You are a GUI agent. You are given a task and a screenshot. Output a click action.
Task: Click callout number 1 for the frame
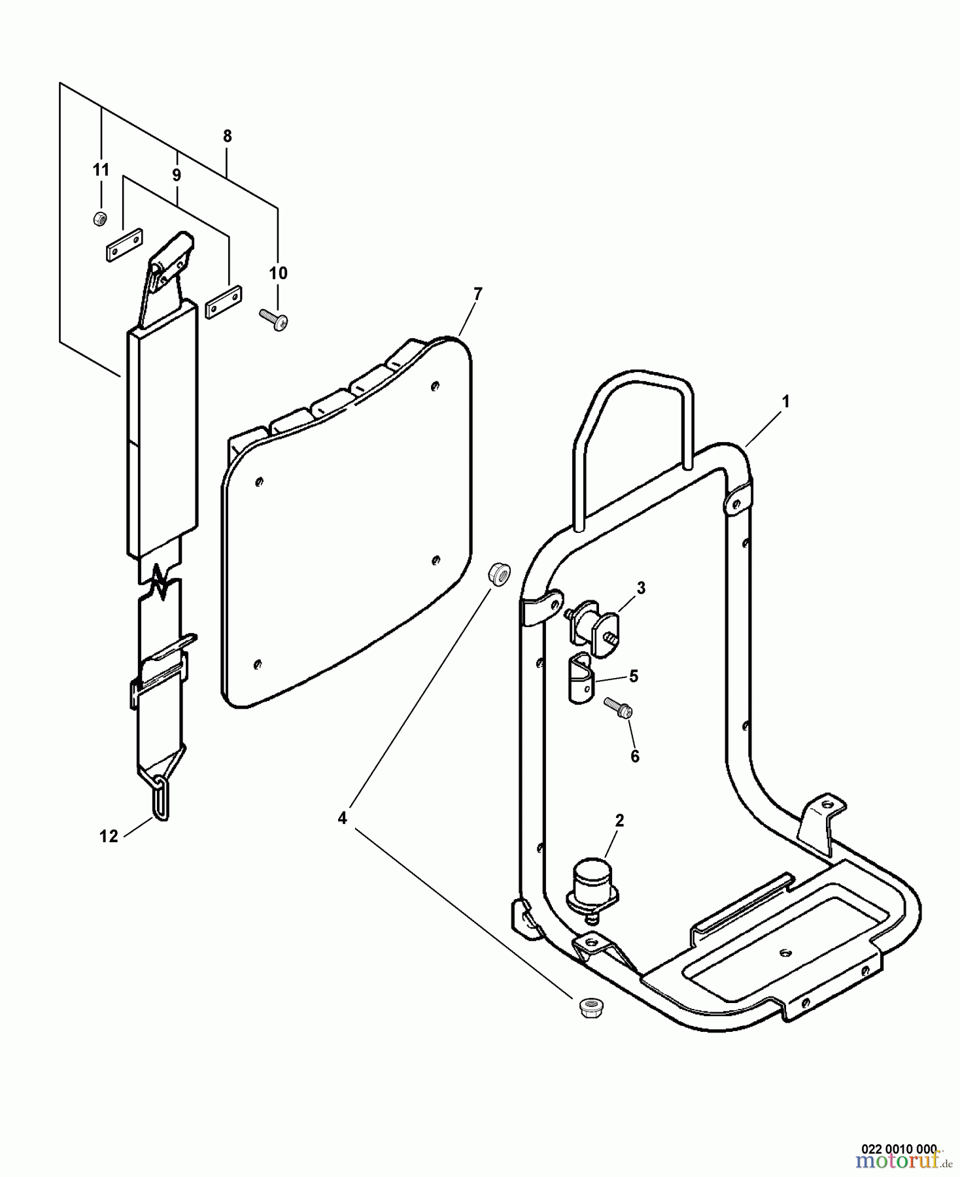click(786, 401)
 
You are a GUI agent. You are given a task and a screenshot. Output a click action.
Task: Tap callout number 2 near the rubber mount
click(619, 820)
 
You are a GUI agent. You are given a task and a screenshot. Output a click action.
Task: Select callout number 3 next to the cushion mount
click(640, 588)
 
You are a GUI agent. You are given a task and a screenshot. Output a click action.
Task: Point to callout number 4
click(342, 817)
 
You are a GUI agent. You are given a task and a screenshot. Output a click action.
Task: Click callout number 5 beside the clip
click(633, 676)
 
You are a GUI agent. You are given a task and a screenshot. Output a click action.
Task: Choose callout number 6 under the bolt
click(634, 757)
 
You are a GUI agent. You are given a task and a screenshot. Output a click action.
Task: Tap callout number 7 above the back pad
click(477, 294)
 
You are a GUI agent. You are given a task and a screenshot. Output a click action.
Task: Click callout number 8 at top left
click(227, 136)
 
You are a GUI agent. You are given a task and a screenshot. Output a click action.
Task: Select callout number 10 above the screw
click(278, 273)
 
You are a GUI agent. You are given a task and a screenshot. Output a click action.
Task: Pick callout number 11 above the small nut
click(100, 170)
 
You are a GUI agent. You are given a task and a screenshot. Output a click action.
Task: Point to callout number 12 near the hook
click(109, 836)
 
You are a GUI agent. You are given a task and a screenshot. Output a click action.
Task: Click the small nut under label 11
click(99, 219)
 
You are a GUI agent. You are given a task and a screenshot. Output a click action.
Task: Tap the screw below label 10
click(275, 320)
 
